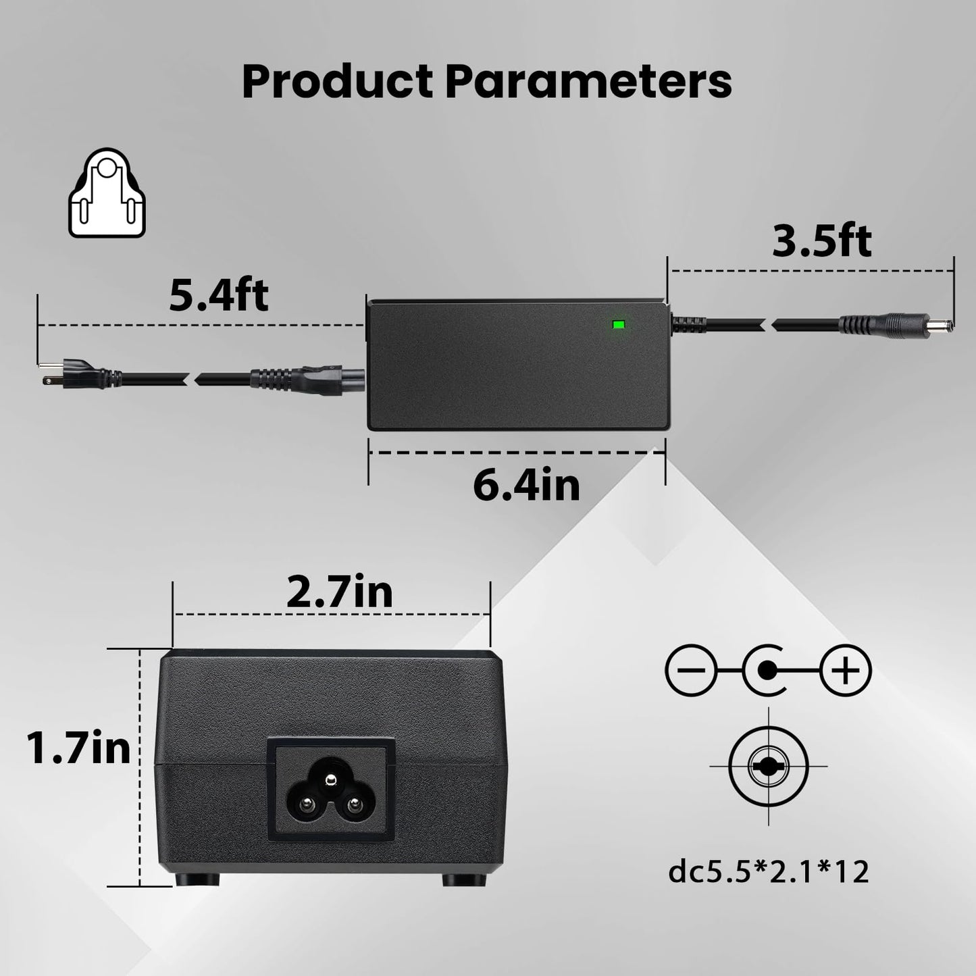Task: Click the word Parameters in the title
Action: click(588, 82)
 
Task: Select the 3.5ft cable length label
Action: click(821, 240)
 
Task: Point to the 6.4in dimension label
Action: click(526, 484)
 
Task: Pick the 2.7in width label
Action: click(339, 592)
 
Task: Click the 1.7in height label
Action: click(78, 748)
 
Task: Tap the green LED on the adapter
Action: click(617, 325)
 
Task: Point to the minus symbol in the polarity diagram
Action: click(690, 671)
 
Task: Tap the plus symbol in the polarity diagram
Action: click(846, 671)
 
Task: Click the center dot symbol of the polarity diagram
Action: click(767, 671)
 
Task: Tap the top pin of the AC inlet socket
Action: click(330, 781)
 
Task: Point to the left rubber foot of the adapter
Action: click(197, 879)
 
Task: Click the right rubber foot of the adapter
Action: click(465, 879)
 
